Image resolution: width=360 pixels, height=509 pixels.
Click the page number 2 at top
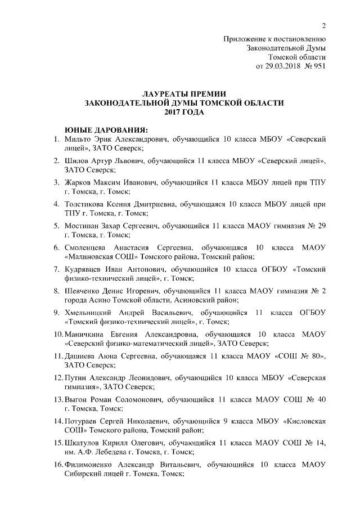[x=323, y=25]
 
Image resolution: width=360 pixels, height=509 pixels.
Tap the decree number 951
[x=318, y=66]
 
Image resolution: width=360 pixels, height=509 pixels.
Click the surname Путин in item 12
[x=76, y=378]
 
